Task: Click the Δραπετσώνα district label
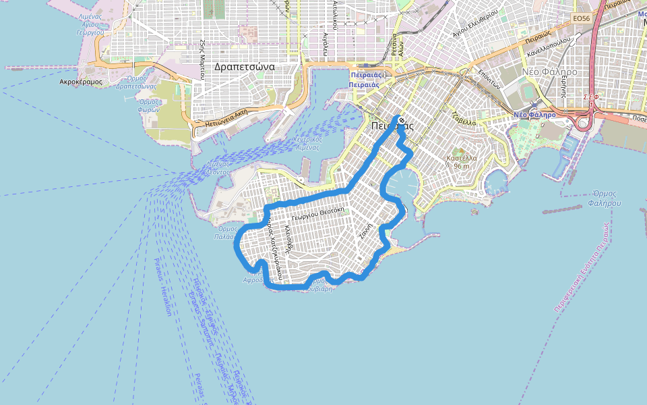click(244, 67)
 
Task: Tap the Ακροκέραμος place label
click(80, 81)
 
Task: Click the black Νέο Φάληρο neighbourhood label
click(549, 71)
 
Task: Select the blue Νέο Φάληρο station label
click(534, 115)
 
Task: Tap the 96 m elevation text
click(462, 166)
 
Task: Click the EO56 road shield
click(581, 18)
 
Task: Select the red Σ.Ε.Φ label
click(591, 97)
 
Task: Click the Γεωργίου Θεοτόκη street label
click(319, 210)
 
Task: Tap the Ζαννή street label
click(366, 231)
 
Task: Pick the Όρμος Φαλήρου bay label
click(602, 198)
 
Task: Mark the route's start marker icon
click(401, 122)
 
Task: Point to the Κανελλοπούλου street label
click(550, 48)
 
